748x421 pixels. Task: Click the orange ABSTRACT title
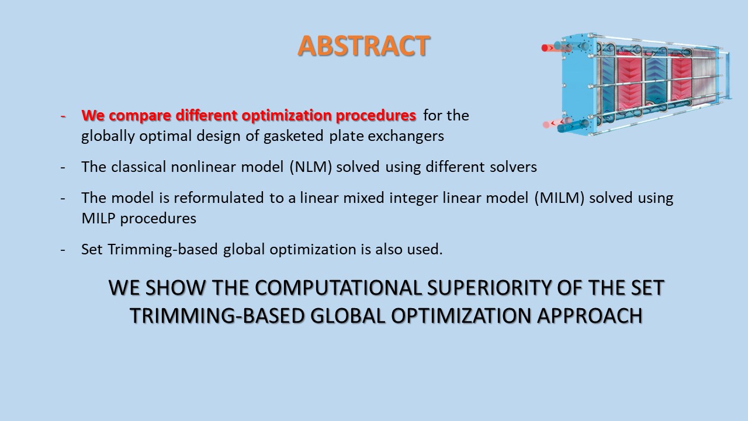pyautogui.click(x=363, y=46)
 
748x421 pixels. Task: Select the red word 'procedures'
pyautogui.click(x=376, y=116)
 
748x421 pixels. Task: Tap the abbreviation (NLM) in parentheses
pyautogui.click(x=310, y=167)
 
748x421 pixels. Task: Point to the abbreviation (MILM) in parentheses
pyautogui.click(x=559, y=198)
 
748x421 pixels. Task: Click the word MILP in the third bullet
pyautogui.click(x=98, y=219)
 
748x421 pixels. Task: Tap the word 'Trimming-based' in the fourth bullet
pyautogui.click(x=162, y=250)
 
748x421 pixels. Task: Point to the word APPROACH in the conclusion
pyautogui.click(x=590, y=316)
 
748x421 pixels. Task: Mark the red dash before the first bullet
pyautogui.click(x=63, y=116)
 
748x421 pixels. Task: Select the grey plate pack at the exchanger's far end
pyautogui.click(x=705, y=77)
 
